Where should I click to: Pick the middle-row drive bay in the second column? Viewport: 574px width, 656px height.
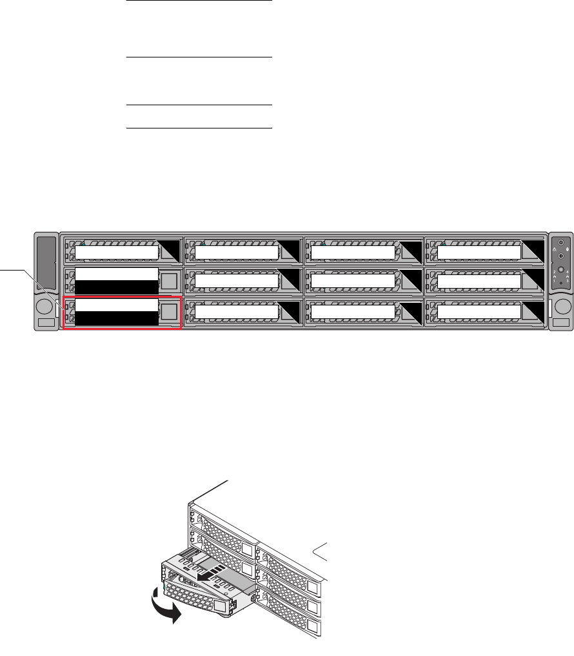243,280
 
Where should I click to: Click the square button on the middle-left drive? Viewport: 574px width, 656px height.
168,280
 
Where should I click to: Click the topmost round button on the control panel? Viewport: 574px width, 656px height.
560,243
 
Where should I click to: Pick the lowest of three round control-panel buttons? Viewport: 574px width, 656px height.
560,270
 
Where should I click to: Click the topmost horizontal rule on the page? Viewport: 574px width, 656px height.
198,1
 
